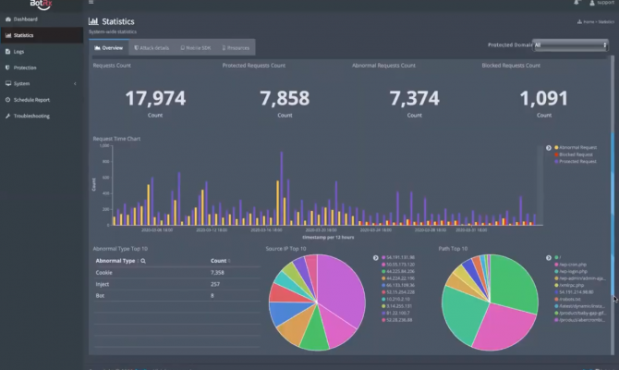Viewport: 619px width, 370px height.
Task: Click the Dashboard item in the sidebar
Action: coord(25,18)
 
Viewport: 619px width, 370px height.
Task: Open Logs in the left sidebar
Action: coord(19,52)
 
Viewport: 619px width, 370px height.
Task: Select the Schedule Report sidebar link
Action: coord(31,99)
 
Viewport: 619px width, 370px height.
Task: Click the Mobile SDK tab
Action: coord(196,46)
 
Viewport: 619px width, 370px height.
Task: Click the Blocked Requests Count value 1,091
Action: coord(543,98)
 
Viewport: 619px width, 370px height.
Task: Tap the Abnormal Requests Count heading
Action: coord(383,66)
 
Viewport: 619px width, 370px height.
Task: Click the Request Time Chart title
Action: coord(116,139)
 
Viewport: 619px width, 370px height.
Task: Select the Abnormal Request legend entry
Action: coord(577,147)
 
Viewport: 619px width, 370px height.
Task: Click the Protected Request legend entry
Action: coord(577,161)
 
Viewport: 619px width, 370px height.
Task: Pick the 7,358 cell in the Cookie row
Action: coord(218,273)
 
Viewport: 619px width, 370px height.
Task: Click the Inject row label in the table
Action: coord(103,284)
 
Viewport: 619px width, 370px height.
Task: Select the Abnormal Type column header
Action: coord(116,262)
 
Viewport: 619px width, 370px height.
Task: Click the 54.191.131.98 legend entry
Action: coord(400,257)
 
